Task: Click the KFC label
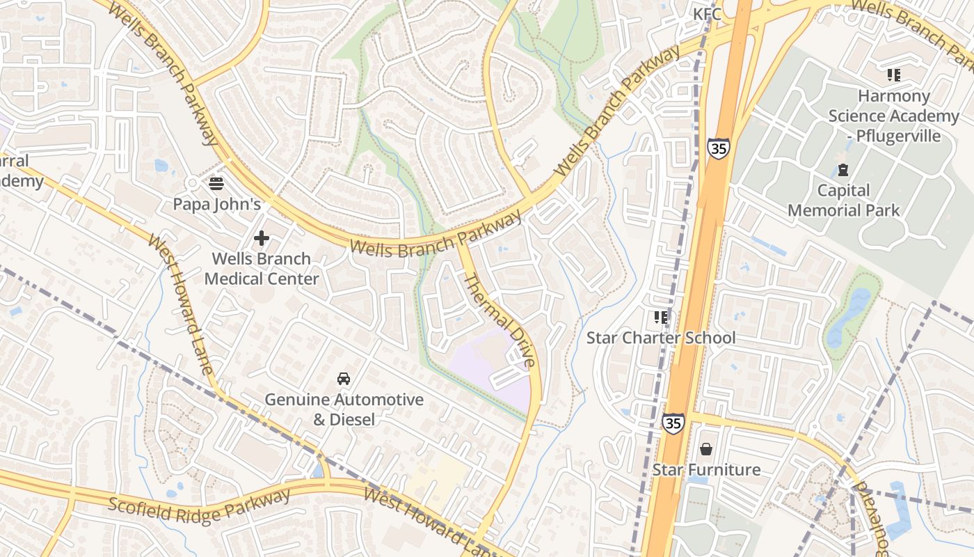(x=707, y=14)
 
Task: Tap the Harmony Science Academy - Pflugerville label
(x=893, y=116)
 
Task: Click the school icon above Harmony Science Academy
(x=894, y=75)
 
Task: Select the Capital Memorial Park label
(x=843, y=201)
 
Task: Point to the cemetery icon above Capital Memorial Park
(x=843, y=170)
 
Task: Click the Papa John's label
(x=216, y=204)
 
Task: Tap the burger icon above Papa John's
(x=216, y=184)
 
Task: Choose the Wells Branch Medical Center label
(x=262, y=269)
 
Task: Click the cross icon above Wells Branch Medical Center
(x=262, y=239)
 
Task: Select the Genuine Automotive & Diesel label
(x=344, y=409)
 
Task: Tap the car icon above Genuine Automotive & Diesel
(x=344, y=379)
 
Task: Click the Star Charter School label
(x=660, y=338)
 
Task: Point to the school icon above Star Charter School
(x=660, y=318)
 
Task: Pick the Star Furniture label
(x=706, y=470)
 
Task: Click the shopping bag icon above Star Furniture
(x=706, y=449)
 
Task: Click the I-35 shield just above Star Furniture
(x=673, y=423)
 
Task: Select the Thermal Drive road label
(x=500, y=320)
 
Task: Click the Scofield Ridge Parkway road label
(x=199, y=506)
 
